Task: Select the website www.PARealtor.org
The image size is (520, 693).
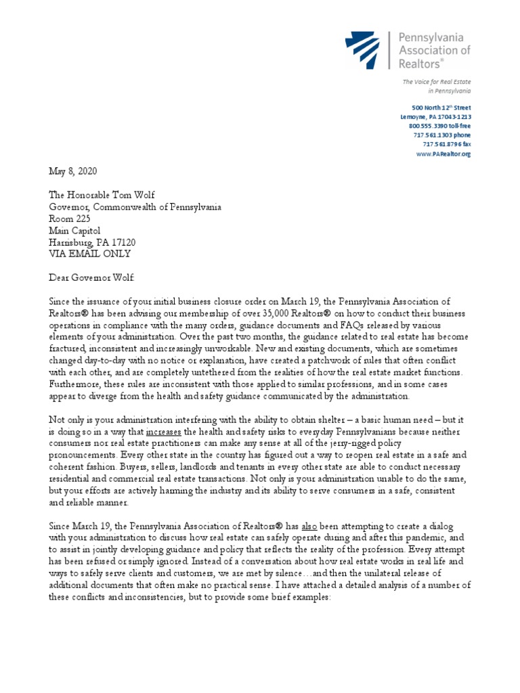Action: [x=444, y=154]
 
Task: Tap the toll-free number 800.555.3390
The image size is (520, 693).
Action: [x=438, y=126]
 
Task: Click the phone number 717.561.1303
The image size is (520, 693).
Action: [x=442, y=135]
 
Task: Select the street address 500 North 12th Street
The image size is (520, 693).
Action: [x=441, y=108]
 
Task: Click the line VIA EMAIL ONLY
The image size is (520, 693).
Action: [x=89, y=254]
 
